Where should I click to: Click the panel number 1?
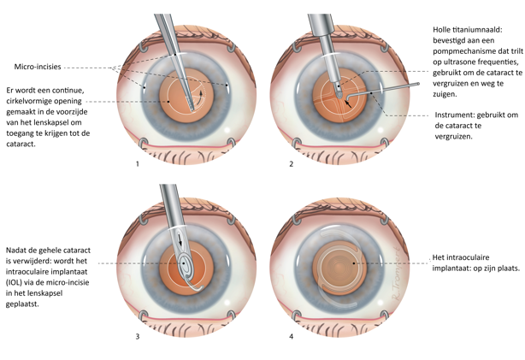click(x=137, y=163)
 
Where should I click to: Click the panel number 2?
click(x=292, y=163)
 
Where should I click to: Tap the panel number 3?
click(x=137, y=336)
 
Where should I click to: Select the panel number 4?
click(x=292, y=336)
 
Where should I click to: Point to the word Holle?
click(x=444, y=30)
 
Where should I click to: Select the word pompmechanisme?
click(x=463, y=51)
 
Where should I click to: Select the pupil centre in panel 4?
click(x=338, y=262)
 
